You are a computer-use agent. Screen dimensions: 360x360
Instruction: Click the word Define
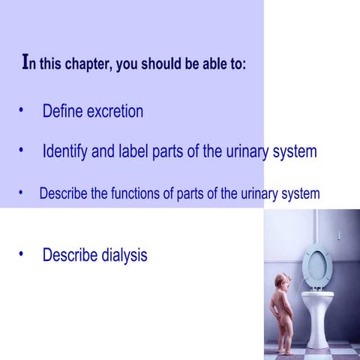pyautogui.click(x=62, y=112)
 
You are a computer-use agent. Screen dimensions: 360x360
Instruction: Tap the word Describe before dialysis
pyautogui.click(x=68, y=255)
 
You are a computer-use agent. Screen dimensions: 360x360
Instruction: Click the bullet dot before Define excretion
pyautogui.click(x=22, y=111)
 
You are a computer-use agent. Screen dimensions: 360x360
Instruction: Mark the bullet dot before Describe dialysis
pyautogui.click(x=22, y=254)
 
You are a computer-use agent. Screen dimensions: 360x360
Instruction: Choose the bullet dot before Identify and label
pyautogui.click(x=22, y=151)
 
